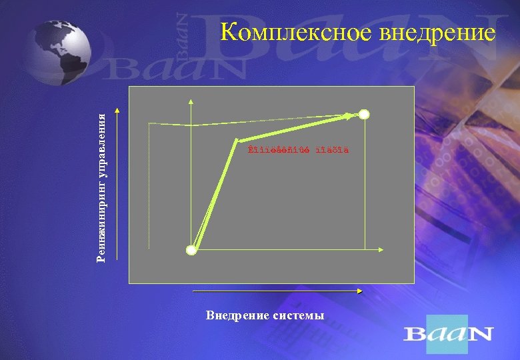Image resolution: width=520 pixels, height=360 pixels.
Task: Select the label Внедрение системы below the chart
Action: click(x=265, y=315)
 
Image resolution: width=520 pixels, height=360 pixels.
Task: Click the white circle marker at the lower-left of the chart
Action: click(x=192, y=251)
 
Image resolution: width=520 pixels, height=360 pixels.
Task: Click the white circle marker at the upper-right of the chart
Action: click(x=364, y=114)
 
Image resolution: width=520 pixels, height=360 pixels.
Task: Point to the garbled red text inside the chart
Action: click(x=297, y=149)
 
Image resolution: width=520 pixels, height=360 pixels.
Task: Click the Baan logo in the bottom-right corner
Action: click(x=448, y=333)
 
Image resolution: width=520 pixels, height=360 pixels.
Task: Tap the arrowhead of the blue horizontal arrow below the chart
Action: click(x=359, y=291)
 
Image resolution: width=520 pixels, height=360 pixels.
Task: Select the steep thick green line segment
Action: click(x=215, y=193)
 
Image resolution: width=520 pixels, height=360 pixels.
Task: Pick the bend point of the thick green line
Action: click(x=236, y=140)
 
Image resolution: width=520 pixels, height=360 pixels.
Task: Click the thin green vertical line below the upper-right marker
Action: click(x=365, y=187)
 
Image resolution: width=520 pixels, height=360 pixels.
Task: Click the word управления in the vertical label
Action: click(x=102, y=143)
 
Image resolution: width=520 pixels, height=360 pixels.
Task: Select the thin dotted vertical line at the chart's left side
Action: click(x=148, y=187)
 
